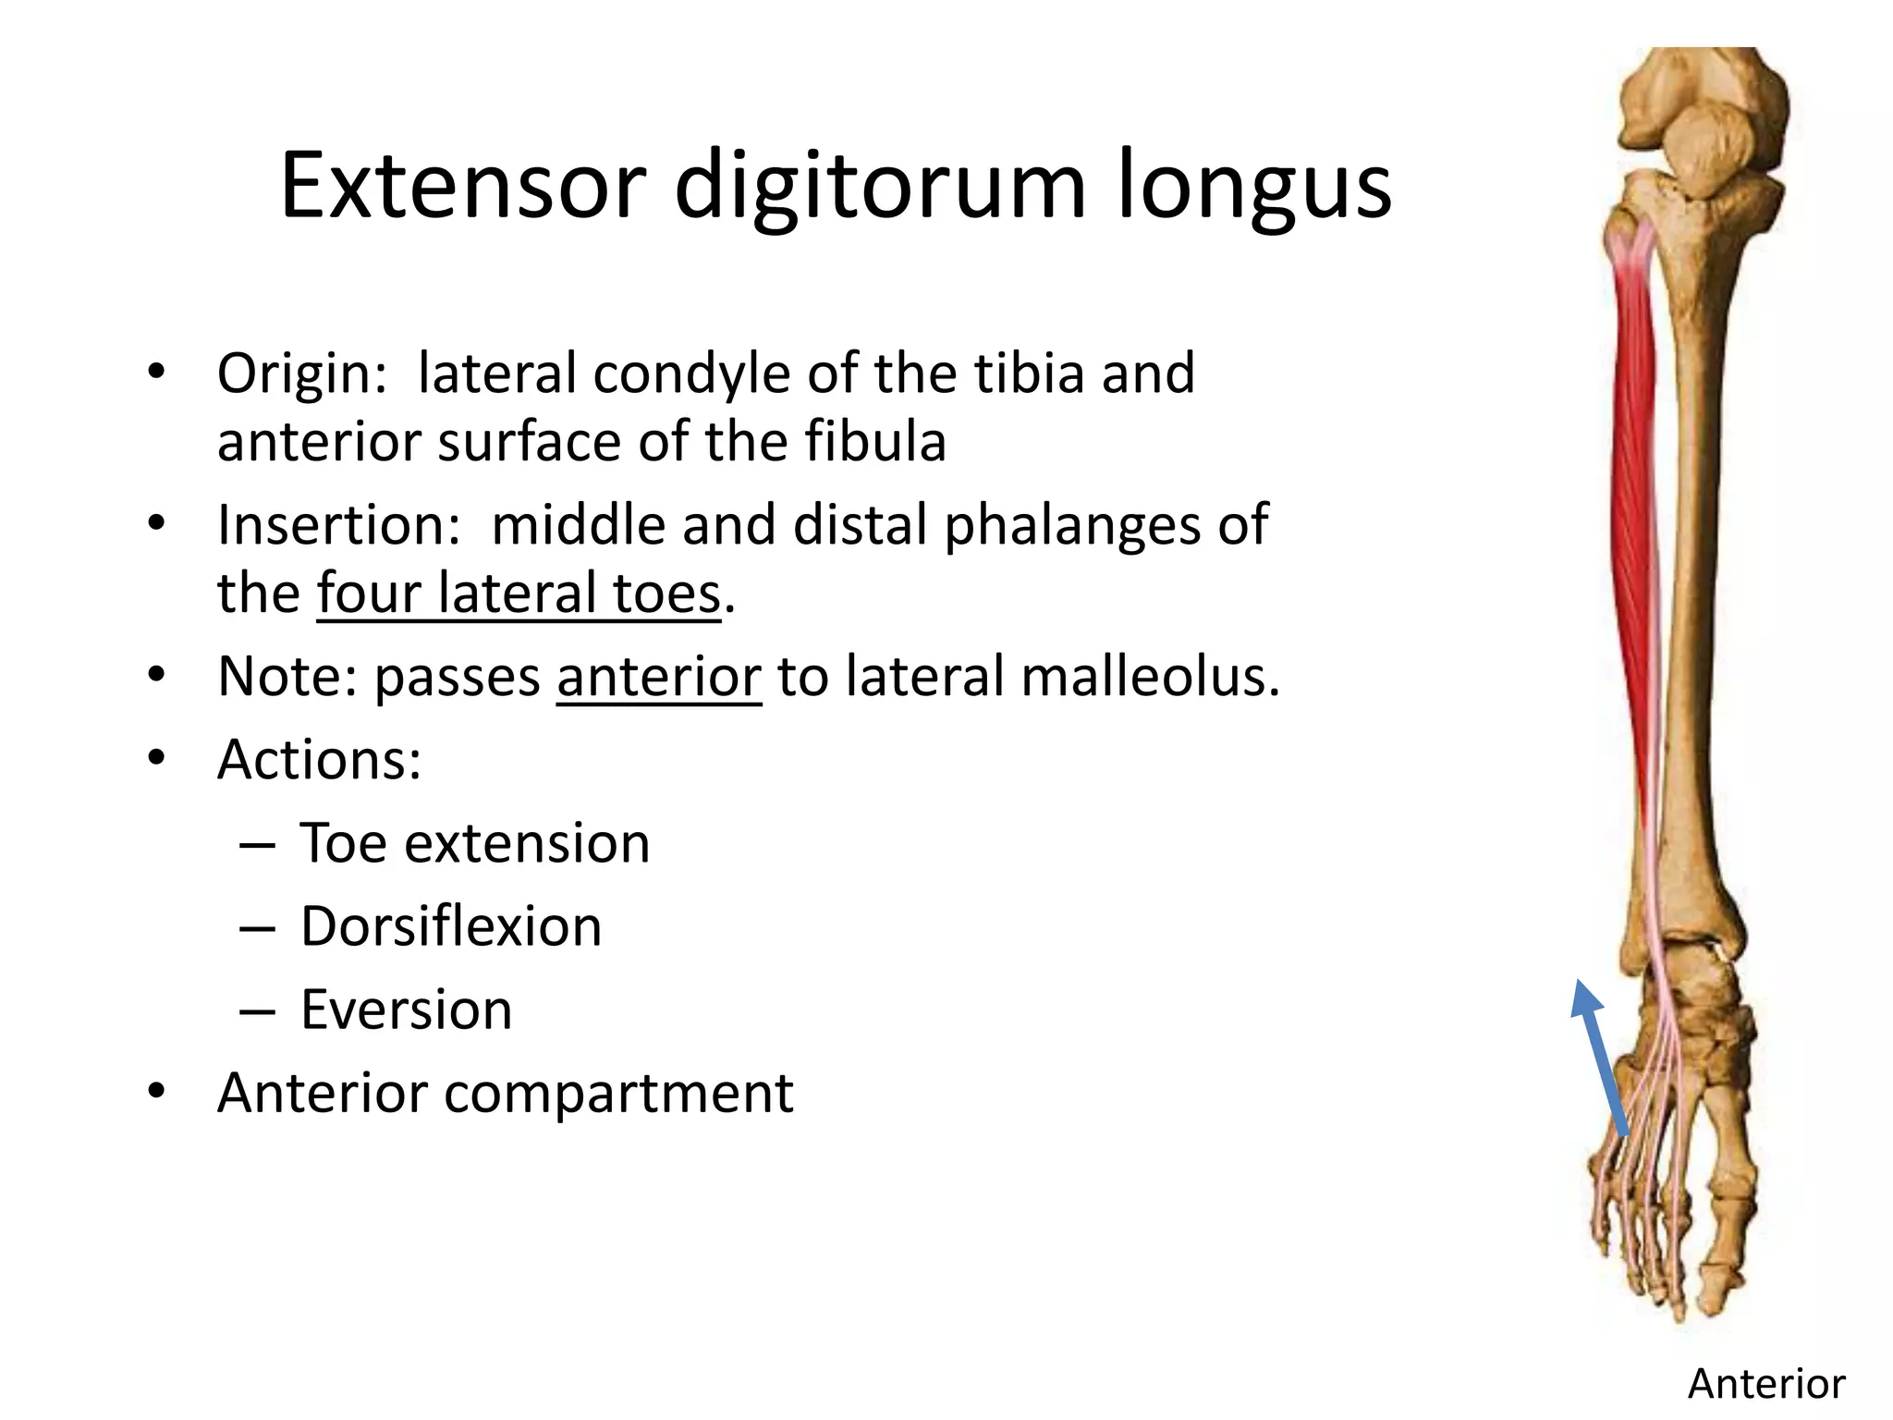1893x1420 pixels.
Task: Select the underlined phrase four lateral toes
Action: point(518,593)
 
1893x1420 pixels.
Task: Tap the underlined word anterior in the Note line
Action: point(659,676)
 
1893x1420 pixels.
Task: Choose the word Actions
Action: point(319,759)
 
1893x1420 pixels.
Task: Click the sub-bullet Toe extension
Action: point(475,842)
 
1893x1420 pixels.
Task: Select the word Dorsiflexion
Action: point(451,925)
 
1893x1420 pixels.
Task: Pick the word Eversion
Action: point(406,1009)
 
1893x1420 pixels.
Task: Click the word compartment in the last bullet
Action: point(618,1093)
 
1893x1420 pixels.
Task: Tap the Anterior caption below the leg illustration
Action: point(1766,1384)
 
